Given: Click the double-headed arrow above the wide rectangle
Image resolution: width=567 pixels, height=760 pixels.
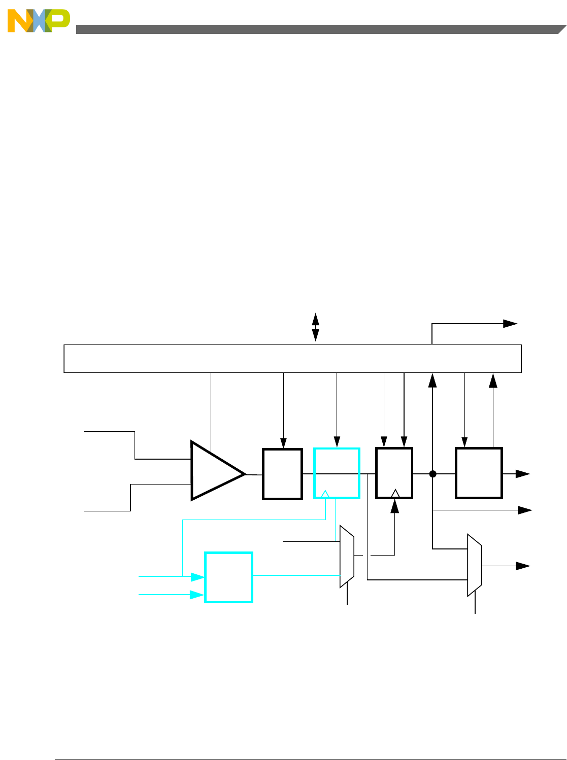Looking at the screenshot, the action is click(315, 327).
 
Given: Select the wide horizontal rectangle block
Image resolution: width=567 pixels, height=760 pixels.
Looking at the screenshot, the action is click(292, 359).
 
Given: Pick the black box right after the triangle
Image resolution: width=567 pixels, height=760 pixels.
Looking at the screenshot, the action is click(282, 474).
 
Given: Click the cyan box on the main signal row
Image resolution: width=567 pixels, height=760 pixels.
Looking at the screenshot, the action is click(337, 473).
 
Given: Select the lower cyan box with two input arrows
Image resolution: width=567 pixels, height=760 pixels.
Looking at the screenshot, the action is click(228, 577).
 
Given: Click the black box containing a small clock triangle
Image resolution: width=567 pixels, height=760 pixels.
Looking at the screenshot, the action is click(394, 473).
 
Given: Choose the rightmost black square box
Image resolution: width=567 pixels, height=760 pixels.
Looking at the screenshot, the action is click(479, 473).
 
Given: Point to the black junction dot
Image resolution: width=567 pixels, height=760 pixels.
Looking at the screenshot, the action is click(432, 474).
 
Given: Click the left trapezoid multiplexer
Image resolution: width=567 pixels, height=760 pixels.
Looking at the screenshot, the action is click(347, 557).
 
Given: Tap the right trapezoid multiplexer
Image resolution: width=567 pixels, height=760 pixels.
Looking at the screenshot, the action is click(475, 565).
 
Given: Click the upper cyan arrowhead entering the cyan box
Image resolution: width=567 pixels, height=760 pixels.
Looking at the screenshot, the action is click(197, 577).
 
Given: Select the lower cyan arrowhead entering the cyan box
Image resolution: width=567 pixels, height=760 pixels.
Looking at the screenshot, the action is click(197, 595).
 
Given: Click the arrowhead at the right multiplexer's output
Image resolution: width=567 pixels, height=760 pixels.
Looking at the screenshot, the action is click(523, 565).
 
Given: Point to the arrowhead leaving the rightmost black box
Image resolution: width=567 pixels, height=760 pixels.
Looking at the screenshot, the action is click(523, 474).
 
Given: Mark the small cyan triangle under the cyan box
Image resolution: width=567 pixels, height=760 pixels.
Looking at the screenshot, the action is click(325, 494).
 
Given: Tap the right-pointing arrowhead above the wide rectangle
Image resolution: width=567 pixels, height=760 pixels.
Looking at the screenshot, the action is click(510, 324).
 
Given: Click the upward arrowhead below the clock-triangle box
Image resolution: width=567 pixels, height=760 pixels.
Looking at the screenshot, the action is click(394, 506).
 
